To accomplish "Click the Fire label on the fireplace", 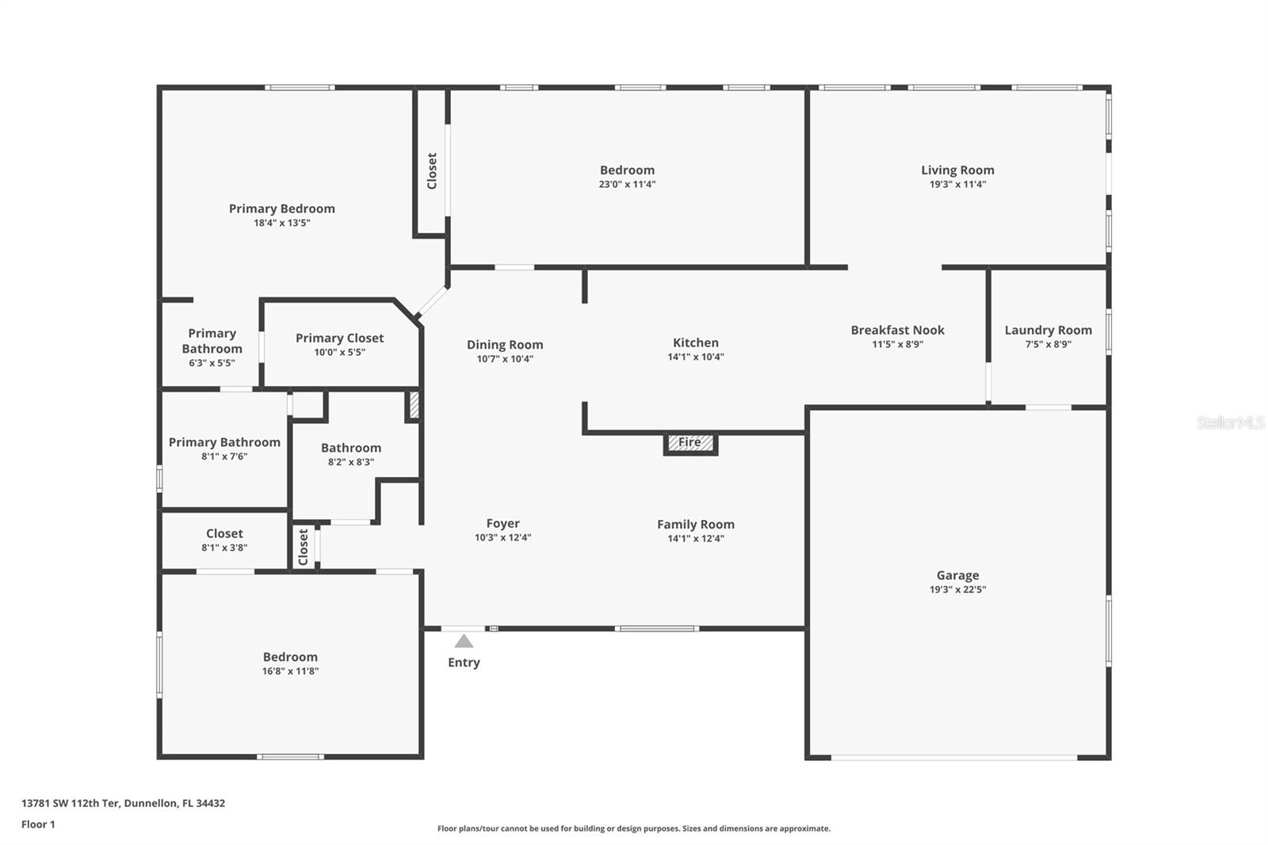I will (689, 442).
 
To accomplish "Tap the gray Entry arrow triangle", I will (464, 641).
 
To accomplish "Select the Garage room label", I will (957, 575).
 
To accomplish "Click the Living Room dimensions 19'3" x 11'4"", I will (957, 185).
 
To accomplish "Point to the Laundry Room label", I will (1048, 330).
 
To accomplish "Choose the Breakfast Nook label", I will (897, 330).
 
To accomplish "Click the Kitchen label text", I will (696, 342).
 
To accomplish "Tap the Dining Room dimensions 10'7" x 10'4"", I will (505, 359).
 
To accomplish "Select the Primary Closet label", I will (339, 338).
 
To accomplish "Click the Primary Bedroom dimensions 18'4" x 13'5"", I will (281, 224).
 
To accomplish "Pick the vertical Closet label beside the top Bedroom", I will (432, 170).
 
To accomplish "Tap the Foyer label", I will (502, 523).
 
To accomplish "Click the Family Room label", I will (696, 524).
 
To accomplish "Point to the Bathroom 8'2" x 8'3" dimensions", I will (351, 462).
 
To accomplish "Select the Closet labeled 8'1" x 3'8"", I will (224, 533).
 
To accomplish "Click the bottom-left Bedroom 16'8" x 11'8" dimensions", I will (290, 671).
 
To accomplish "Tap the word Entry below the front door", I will (464, 663).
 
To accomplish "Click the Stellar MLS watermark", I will (1231, 422).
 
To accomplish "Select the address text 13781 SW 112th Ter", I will (71, 803).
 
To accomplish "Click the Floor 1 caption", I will (38, 824).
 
